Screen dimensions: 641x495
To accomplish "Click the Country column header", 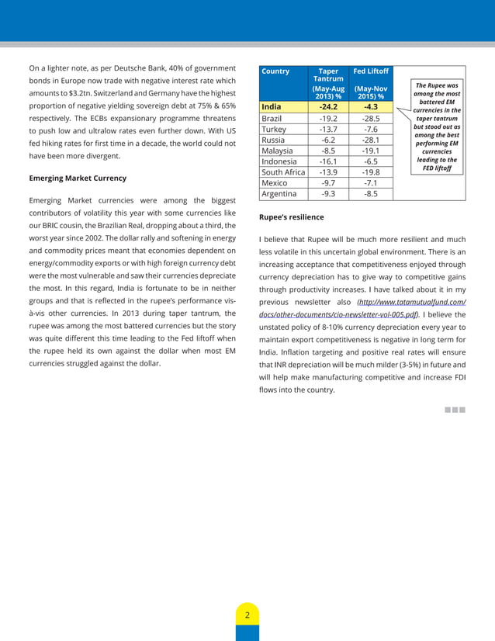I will (x=275, y=71).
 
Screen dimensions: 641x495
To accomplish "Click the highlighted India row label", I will (x=272, y=106).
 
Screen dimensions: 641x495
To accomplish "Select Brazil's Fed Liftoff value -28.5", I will (x=370, y=118).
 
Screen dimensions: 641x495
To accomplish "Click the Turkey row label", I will (x=275, y=129).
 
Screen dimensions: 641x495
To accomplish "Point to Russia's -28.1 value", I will (x=370, y=140).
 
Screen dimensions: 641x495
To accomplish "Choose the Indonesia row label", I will (x=279, y=161).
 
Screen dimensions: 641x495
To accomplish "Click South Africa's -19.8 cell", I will (x=370, y=172).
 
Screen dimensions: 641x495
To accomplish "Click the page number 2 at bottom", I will (x=247, y=615).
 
